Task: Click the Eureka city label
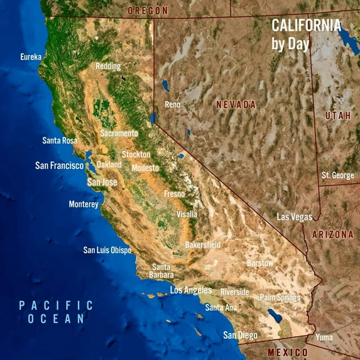(31, 57)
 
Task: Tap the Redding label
(109, 66)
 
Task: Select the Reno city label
(173, 104)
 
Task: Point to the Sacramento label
(119, 133)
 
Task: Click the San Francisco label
(59, 166)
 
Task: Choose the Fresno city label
(174, 194)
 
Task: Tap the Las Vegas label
(295, 217)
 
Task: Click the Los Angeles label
(191, 290)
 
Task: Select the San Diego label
(240, 335)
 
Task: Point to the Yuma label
(324, 337)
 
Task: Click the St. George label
(337, 175)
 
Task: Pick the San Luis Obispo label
(107, 250)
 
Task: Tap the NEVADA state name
(236, 105)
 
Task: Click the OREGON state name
(148, 11)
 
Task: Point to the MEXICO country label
(288, 352)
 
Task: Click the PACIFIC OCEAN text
(55, 312)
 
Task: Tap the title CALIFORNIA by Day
(306, 35)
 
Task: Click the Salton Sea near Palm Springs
(275, 315)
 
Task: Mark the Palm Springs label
(280, 297)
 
